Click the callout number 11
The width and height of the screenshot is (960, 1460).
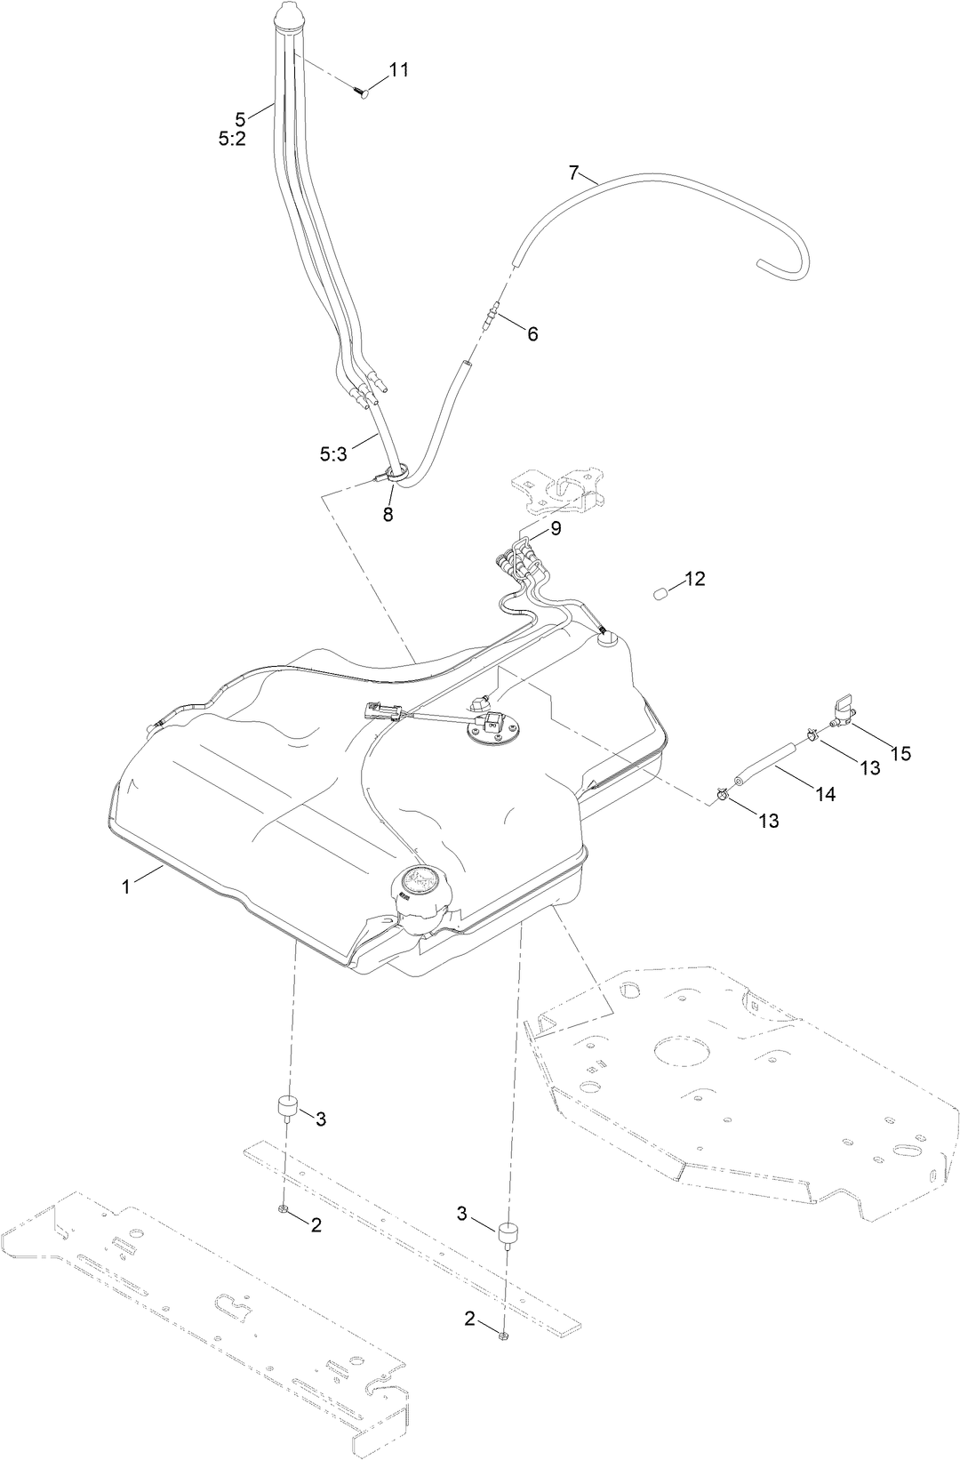pyautogui.click(x=399, y=69)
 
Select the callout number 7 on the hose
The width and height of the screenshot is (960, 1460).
pyautogui.click(x=573, y=172)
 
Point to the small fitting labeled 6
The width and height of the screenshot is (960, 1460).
pyautogui.click(x=492, y=317)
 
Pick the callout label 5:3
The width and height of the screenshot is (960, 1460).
pyautogui.click(x=334, y=453)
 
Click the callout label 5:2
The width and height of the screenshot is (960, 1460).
pyautogui.click(x=231, y=139)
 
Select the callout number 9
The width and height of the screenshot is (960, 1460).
pyautogui.click(x=556, y=528)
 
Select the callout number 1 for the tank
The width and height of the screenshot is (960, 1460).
pyautogui.click(x=125, y=886)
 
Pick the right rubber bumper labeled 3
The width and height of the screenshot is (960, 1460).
pyautogui.click(x=508, y=1236)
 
